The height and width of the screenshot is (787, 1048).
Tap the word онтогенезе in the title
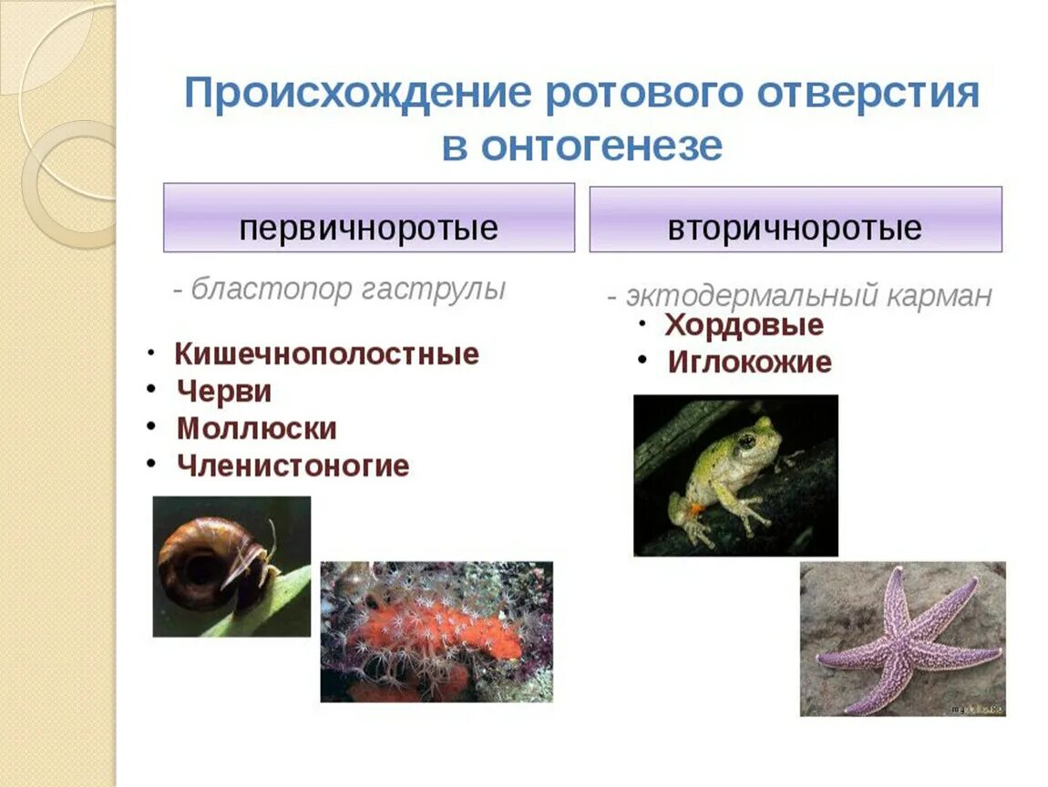601,146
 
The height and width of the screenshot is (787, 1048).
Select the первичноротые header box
368,219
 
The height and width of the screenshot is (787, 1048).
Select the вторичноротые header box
795,220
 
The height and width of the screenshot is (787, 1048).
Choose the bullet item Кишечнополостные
326,353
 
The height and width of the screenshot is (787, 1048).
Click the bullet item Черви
224,392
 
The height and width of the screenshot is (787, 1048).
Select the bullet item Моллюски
256,429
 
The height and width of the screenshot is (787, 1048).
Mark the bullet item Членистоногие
293,466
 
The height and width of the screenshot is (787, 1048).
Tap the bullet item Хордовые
744,325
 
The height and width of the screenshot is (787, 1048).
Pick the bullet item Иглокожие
749,363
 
